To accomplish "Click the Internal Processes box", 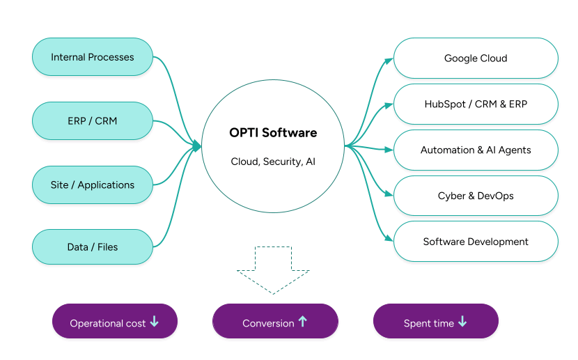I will pyautogui.click(x=93, y=57).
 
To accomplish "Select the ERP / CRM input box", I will pyautogui.click(x=93, y=121).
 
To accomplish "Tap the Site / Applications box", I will pyautogui.click(x=93, y=185).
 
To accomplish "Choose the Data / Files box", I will pyautogui.click(x=93, y=247).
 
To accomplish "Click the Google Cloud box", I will pyautogui.click(x=476, y=58).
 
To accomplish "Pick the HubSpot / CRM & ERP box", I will pyautogui.click(x=476, y=104).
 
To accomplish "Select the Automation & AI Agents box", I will pyautogui.click(x=476, y=150).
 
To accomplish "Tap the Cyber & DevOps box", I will pyautogui.click(x=476, y=196).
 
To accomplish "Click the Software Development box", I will pyautogui.click(x=476, y=242).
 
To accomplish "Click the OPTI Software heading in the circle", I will pyautogui.click(x=273, y=132).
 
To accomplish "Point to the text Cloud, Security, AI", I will pyautogui.click(x=273, y=162).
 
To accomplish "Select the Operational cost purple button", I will pyautogui.click(x=115, y=322).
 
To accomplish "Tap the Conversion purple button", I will pyautogui.click(x=274, y=322).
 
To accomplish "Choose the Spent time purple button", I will pyautogui.click(x=436, y=322).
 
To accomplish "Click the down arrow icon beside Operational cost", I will pyautogui.click(x=154, y=322).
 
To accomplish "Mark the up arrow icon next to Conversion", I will pyautogui.click(x=302, y=322).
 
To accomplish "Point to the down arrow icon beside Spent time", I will pyautogui.click(x=462, y=322).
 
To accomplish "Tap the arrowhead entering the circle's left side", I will pyautogui.click(x=197, y=146).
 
